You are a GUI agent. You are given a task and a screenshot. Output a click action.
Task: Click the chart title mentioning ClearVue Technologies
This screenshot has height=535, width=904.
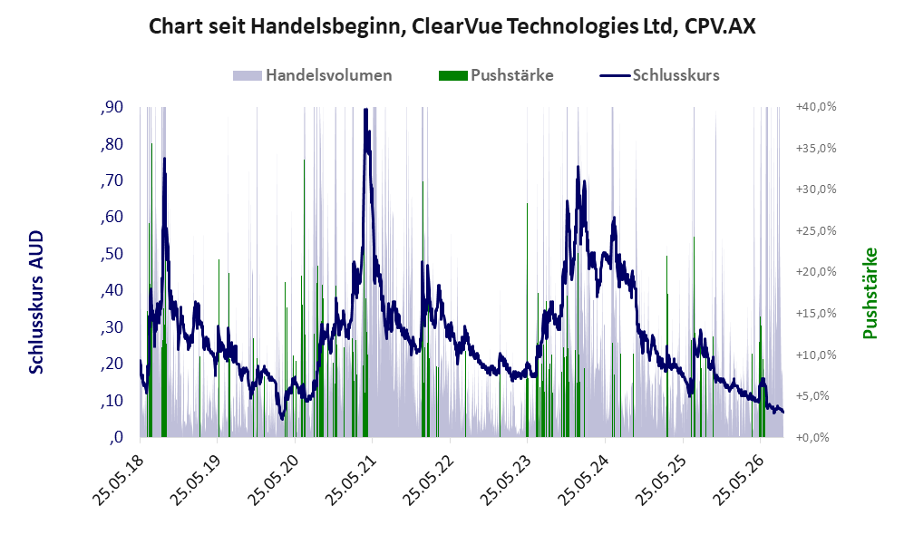point(452,26)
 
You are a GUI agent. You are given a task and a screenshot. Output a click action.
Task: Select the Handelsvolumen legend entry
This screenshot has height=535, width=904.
point(313,75)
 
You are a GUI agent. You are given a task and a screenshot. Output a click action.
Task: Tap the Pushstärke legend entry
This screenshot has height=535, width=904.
point(496,75)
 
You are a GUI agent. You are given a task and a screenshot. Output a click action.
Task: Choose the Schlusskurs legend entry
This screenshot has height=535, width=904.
point(659,75)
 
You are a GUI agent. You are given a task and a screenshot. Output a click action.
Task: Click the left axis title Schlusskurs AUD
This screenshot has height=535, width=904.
point(36,302)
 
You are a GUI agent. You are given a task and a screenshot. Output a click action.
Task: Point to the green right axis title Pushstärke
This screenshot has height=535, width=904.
point(870,293)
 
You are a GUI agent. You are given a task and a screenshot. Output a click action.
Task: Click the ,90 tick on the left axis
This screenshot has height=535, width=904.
point(112,107)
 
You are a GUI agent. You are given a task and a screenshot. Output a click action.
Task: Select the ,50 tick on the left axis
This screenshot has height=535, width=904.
point(112,254)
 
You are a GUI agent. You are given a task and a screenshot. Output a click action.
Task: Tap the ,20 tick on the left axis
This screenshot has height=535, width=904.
point(112,364)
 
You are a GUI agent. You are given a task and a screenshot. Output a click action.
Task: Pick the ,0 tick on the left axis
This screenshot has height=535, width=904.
point(115,437)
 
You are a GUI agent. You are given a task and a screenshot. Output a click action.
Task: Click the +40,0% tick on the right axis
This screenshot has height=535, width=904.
point(816,107)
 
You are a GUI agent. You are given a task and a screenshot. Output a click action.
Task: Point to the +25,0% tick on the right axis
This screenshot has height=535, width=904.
point(816,230)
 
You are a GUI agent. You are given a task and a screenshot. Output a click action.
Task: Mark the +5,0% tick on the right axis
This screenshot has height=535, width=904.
point(819,396)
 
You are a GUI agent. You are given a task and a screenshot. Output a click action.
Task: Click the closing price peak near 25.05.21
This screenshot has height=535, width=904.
point(365,110)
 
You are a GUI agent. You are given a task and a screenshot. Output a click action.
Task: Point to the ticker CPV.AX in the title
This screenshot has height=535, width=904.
point(720,26)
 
